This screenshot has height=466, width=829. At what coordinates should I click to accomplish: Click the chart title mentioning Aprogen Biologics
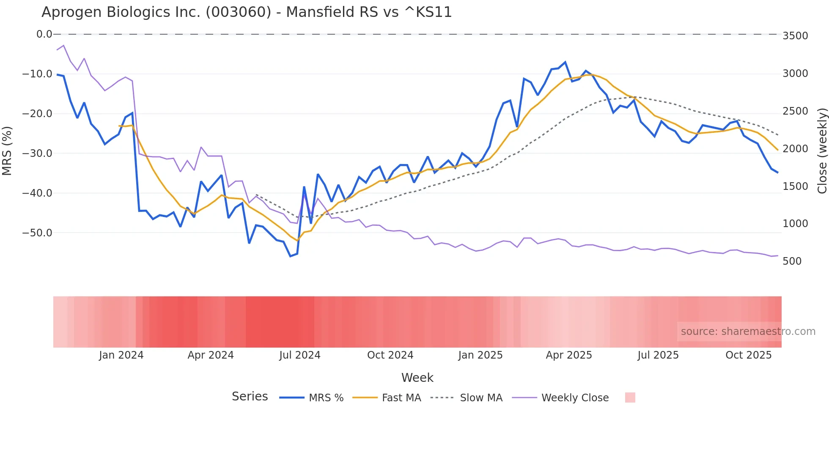point(247,12)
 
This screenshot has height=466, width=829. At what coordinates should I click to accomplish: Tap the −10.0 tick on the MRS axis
point(37,74)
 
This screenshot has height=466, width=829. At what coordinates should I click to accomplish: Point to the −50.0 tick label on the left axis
point(37,233)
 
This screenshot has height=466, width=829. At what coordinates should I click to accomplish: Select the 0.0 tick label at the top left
point(44,34)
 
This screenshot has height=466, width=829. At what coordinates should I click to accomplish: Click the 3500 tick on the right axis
point(795,36)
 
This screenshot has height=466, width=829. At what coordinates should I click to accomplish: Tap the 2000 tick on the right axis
point(795,149)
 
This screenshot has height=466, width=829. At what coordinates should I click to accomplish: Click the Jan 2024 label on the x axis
point(121,355)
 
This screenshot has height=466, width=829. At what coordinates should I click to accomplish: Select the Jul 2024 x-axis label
point(300,355)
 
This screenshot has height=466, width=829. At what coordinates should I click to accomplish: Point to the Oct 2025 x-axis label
point(749,355)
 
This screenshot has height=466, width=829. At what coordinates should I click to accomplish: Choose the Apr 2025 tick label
point(569,355)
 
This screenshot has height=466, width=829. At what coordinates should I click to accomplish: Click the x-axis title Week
point(417,378)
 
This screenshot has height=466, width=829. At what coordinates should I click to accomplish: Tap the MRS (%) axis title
point(7,151)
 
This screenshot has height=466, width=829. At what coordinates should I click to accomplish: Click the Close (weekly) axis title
point(822,151)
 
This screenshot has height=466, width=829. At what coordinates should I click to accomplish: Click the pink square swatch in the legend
point(630,397)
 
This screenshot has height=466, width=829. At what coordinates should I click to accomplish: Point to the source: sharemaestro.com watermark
point(748,332)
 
